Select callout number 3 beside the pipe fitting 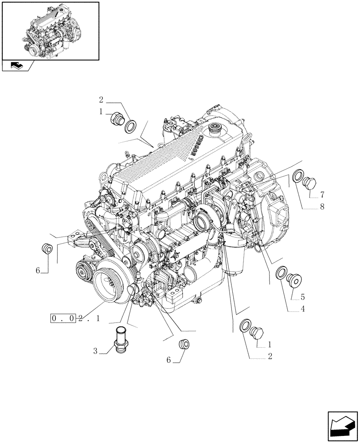pyautogui.click(x=95, y=352)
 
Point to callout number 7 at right pyautogui.click(x=322, y=195)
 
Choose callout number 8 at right pyautogui.click(x=322, y=206)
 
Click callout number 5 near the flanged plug pyautogui.click(x=303, y=296)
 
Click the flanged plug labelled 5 pyautogui.click(x=293, y=279)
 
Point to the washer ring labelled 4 pyautogui.click(x=281, y=273)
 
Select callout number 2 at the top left pyautogui.click(x=101, y=100)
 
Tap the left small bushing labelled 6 pyautogui.click(x=47, y=249)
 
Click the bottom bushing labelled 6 pyautogui.click(x=183, y=344)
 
